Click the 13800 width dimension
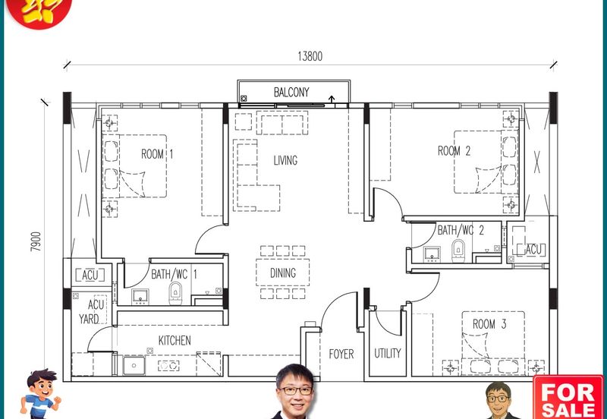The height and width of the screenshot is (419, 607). tap(311, 55)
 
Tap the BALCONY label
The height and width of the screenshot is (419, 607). tap(291, 93)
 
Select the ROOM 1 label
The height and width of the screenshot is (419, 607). tap(158, 154)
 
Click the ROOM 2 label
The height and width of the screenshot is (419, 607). tap(454, 151)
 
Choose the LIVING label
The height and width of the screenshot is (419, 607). tap(285, 160)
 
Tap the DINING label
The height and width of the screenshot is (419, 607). tap(283, 273)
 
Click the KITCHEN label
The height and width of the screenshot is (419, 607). tap(175, 340)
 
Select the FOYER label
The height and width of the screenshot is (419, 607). tap(341, 354)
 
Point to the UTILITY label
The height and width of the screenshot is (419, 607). tap(387, 354)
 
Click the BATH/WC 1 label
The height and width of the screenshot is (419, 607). tap(175, 274)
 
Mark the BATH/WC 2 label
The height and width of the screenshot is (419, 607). tap(461, 230)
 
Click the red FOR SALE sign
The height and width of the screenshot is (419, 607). tap(568, 397)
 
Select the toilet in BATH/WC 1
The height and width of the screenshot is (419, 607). tap(176, 291)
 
